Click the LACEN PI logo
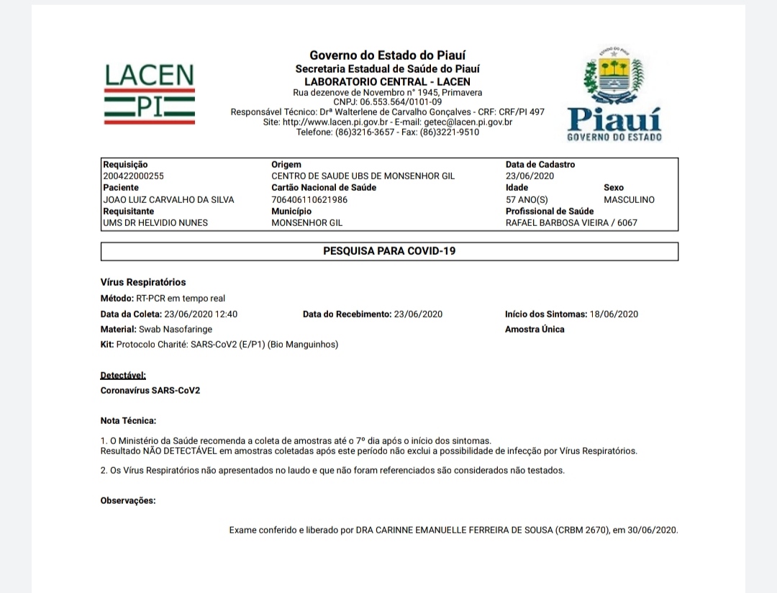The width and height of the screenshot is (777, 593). pyautogui.click(x=150, y=93)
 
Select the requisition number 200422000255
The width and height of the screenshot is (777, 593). pyautogui.click(x=133, y=176)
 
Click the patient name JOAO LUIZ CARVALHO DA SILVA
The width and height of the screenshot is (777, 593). pyautogui.click(x=168, y=199)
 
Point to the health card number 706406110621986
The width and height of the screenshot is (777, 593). pyautogui.click(x=309, y=199)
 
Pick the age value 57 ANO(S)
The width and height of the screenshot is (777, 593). pyautogui.click(x=527, y=199)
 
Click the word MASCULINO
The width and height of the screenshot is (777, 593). pyautogui.click(x=629, y=199)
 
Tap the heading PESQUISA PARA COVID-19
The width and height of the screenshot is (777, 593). pyautogui.click(x=389, y=251)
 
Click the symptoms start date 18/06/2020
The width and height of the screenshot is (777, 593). pyautogui.click(x=614, y=314)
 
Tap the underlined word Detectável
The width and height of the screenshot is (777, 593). pyautogui.click(x=123, y=375)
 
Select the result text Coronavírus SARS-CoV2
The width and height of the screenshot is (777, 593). pyautogui.click(x=150, y=390)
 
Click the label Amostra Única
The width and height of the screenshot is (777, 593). pyautogui.click(x=535, y=329)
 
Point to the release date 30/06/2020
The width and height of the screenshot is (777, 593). pyautogui.click(x=653, y=530)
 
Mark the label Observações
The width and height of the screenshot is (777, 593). pyautogui.click(x=127, y=500)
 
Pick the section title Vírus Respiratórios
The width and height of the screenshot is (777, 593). pyautogui.click(x=142, y=282)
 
